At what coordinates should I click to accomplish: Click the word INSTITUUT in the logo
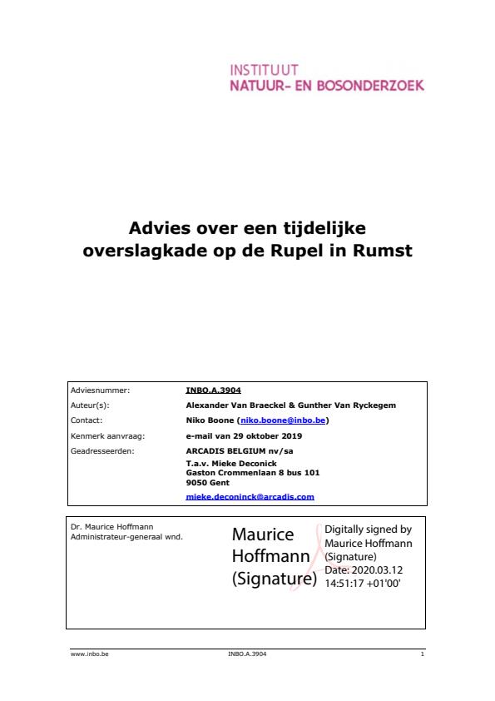[x=263, y=71]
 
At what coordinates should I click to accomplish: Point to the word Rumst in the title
[x=384, y=249]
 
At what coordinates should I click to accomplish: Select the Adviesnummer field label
[x=101, y=389]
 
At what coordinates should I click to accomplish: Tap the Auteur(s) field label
[x=91, y=405]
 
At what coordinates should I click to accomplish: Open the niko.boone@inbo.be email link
[x=283, y=420]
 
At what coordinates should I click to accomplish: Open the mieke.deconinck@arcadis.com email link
[x=250, y=496]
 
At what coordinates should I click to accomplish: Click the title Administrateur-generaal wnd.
[x=127, y=536]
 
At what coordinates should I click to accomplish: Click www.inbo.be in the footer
[x=91, y=654]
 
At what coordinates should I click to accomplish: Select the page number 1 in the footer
[x=423, y=654]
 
